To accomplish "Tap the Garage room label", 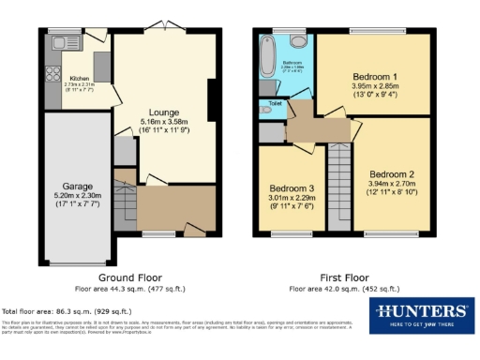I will coord(78,187).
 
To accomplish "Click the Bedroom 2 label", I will coord(391,174).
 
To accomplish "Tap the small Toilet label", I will coord(274,102).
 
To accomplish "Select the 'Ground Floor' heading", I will coord(130,278).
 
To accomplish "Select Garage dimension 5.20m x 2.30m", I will coord(78,196).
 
